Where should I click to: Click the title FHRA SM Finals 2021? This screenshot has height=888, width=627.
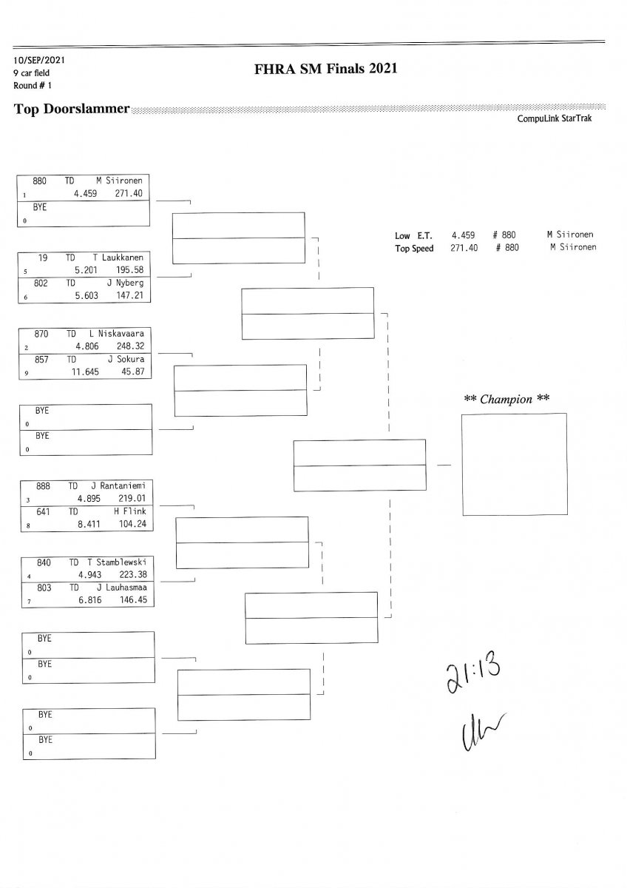[x=325, y=69]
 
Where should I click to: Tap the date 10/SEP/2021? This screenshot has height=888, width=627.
[x=38, y=60]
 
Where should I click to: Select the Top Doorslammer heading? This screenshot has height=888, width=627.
[x=72, y=110]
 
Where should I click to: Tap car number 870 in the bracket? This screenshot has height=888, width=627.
[x=41, y=334]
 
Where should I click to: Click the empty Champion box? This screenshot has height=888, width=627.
[x=514, y=464]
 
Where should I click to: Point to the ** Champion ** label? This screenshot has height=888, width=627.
[x=506, y=399]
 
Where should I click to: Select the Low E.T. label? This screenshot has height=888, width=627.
[x=409, y=235]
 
